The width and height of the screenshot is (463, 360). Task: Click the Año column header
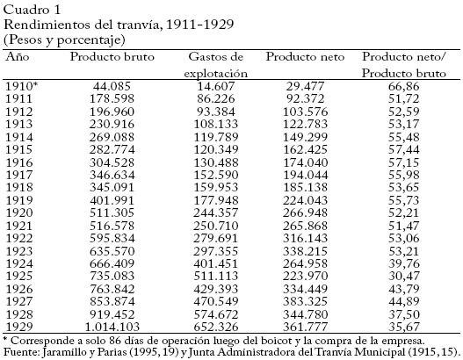[18, 56]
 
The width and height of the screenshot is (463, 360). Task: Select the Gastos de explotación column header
[215, 65]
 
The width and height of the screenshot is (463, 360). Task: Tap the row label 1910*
[22, 86]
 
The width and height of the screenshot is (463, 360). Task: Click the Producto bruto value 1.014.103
[112, 327]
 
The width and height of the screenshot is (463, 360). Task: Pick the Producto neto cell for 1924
[306, 263]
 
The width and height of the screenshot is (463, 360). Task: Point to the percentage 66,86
[403, 86]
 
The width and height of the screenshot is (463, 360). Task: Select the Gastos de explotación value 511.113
[216, 276]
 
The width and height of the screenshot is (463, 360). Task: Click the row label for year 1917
[19, 175]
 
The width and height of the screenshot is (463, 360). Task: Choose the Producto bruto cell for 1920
[112, 212]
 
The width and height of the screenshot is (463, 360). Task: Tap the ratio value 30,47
[403, 276]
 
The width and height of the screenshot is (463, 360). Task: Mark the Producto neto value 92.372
[306, 98]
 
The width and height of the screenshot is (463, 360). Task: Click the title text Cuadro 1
[32, 10]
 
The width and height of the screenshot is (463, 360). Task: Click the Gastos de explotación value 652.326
[216, 327]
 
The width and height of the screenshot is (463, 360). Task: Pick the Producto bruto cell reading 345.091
[112, 187]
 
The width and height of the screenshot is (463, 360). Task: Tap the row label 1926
[19, 289]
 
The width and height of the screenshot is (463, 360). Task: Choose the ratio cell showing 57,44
[403, 149]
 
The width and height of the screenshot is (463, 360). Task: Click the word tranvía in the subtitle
[140, 25]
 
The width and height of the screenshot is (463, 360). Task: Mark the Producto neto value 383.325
[306, 301]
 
